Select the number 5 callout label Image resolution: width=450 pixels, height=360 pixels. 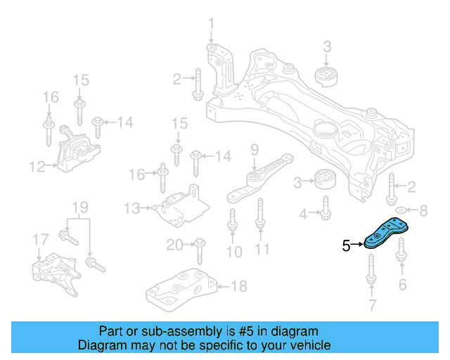pos(346,245)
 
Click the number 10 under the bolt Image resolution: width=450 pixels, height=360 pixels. pos(233,251)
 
